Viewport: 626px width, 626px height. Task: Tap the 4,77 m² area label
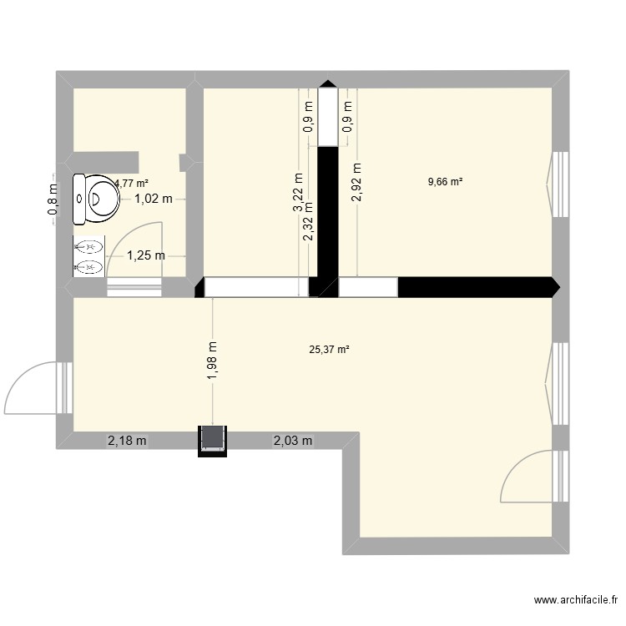click(x=132, y=183)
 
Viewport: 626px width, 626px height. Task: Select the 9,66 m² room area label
click(x=446, y=181)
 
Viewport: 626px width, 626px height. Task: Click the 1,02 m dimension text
click(x=154, y=199)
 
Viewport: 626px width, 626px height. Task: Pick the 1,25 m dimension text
click(x=145, y=256)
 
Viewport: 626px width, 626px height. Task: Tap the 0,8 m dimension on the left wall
click(x=53, y=199)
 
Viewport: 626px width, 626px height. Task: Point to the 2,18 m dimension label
click(x=127, y=441)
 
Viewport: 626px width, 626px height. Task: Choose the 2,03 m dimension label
click(x=292, y=441)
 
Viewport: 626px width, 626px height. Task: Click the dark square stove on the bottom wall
click(x=212, y=440)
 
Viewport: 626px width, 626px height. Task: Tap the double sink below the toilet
click(x=89, y=257)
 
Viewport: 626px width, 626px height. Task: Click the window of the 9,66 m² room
click(x=560, y=184)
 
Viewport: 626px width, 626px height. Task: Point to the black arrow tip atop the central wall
click(x=327, y=83)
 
